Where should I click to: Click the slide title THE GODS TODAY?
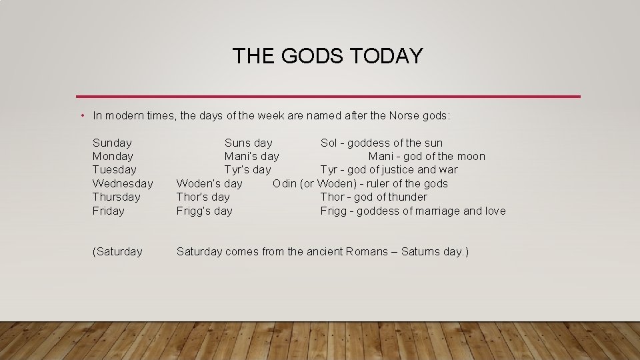coord(327,56)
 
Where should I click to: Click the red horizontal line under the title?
coord(327,97)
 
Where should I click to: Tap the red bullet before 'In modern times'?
coord(81,116)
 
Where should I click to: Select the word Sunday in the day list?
coord(112,143)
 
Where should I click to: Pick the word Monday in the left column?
coord(113,157)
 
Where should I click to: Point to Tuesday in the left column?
coord(114,170)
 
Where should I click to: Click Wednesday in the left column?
coord(123,183)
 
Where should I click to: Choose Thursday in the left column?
coord(117,197)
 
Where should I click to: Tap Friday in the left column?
coord(109,211)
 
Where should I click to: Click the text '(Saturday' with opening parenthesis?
coord(117,252)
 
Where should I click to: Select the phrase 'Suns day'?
coord(248,143)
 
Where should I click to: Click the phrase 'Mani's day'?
coord(251,157)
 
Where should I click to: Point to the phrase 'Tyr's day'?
coord(247,170)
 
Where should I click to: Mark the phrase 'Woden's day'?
coord(209,183)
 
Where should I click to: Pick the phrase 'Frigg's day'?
coord(204,211)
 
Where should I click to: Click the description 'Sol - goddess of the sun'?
coord(381,143)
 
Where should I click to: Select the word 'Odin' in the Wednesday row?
coord(285,183)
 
